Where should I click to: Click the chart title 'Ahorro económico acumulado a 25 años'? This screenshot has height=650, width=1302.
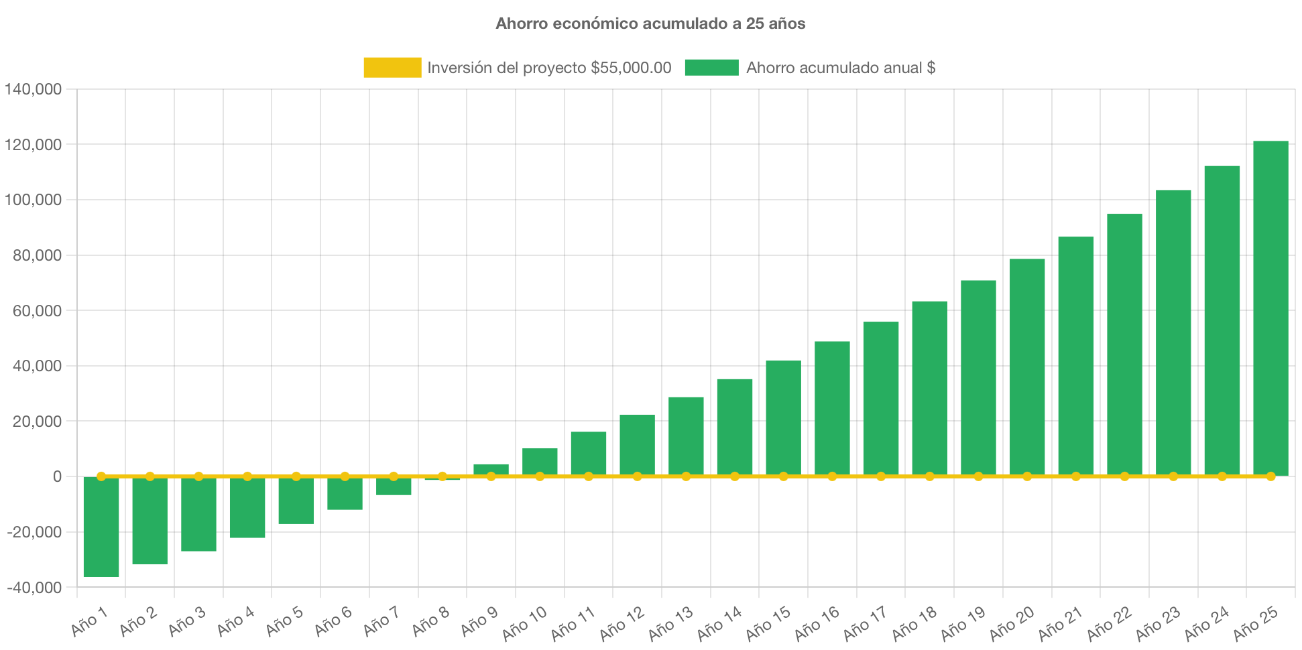[650, 23]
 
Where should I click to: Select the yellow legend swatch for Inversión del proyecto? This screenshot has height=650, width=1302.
[392, 68]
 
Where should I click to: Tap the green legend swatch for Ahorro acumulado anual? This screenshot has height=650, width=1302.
[711, 68]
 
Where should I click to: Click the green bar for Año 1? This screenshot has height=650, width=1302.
[101, 527]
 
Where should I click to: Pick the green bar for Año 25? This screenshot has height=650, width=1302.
[1270, 308]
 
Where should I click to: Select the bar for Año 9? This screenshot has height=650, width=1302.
[491, 468]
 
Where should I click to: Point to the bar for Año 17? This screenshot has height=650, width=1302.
[881, 399]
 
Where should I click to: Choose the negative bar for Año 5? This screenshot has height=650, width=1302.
[296, 501]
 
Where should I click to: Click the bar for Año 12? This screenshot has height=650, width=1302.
[637, 445]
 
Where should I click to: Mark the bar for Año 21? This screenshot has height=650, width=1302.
[1076, 356]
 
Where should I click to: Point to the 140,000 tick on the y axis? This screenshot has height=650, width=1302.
[34, 89]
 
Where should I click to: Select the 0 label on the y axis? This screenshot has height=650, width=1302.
[57, 476]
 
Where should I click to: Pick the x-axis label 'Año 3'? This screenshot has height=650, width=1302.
[186, 622]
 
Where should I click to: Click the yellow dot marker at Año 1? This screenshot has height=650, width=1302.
[101, 476]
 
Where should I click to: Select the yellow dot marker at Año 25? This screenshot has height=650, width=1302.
[1270, 476]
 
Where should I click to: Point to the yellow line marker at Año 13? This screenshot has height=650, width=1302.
[686, 476]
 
